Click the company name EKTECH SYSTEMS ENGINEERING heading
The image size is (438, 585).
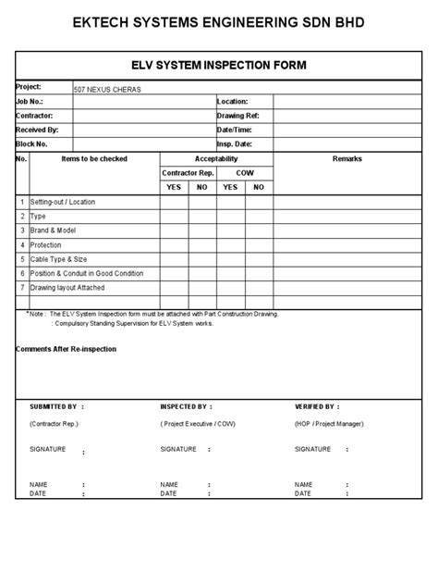(x=219, y=20)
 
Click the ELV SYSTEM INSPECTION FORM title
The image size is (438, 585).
(x=219, y=65)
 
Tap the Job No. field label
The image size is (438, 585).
(x=30, y=101)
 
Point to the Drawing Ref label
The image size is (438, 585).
(x=237, y=116)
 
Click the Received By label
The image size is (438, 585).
(x=37, y=130)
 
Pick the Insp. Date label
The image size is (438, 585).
(x=235, y=144)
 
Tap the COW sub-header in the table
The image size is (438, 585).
(x=245, y=172)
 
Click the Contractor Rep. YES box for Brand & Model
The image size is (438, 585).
(x=174, y=230)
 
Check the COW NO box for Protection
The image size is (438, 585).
(x=259, y=244)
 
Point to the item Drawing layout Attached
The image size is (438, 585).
(x=69, y=288)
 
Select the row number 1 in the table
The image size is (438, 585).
(x=22, y=202)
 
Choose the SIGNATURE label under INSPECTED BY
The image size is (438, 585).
(x=178, y=449)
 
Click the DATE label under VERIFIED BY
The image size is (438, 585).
(x=302, y=493)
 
